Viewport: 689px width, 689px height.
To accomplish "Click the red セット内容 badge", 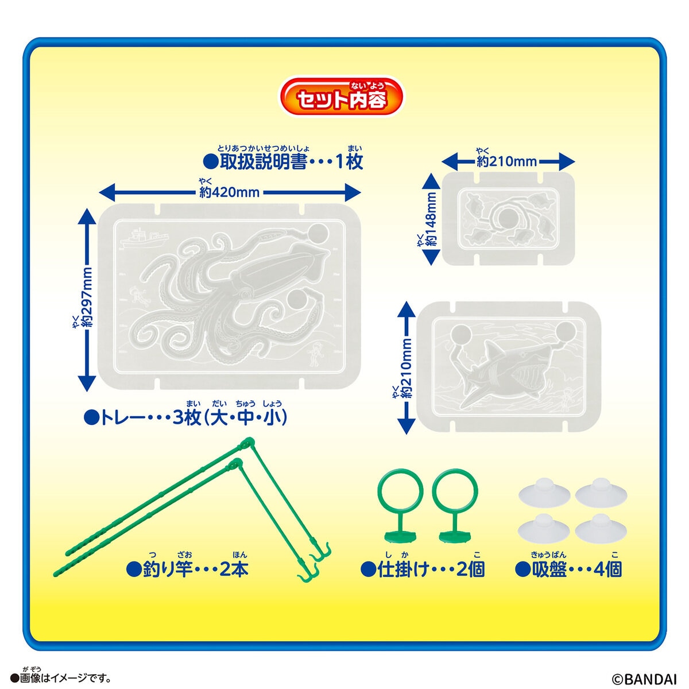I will coord(341,98).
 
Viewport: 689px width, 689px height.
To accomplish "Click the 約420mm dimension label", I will coord(230,192).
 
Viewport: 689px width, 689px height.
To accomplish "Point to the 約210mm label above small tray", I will coord(508,161).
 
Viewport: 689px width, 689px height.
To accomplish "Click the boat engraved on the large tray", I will coord(142,236).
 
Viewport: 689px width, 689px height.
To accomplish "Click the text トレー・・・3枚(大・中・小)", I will coord(185,417).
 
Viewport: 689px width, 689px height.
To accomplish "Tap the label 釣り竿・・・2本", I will coord(187,569).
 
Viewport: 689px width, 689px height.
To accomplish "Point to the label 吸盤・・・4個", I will coord(568,569).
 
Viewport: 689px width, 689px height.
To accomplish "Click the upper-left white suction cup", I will coord(543,493).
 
